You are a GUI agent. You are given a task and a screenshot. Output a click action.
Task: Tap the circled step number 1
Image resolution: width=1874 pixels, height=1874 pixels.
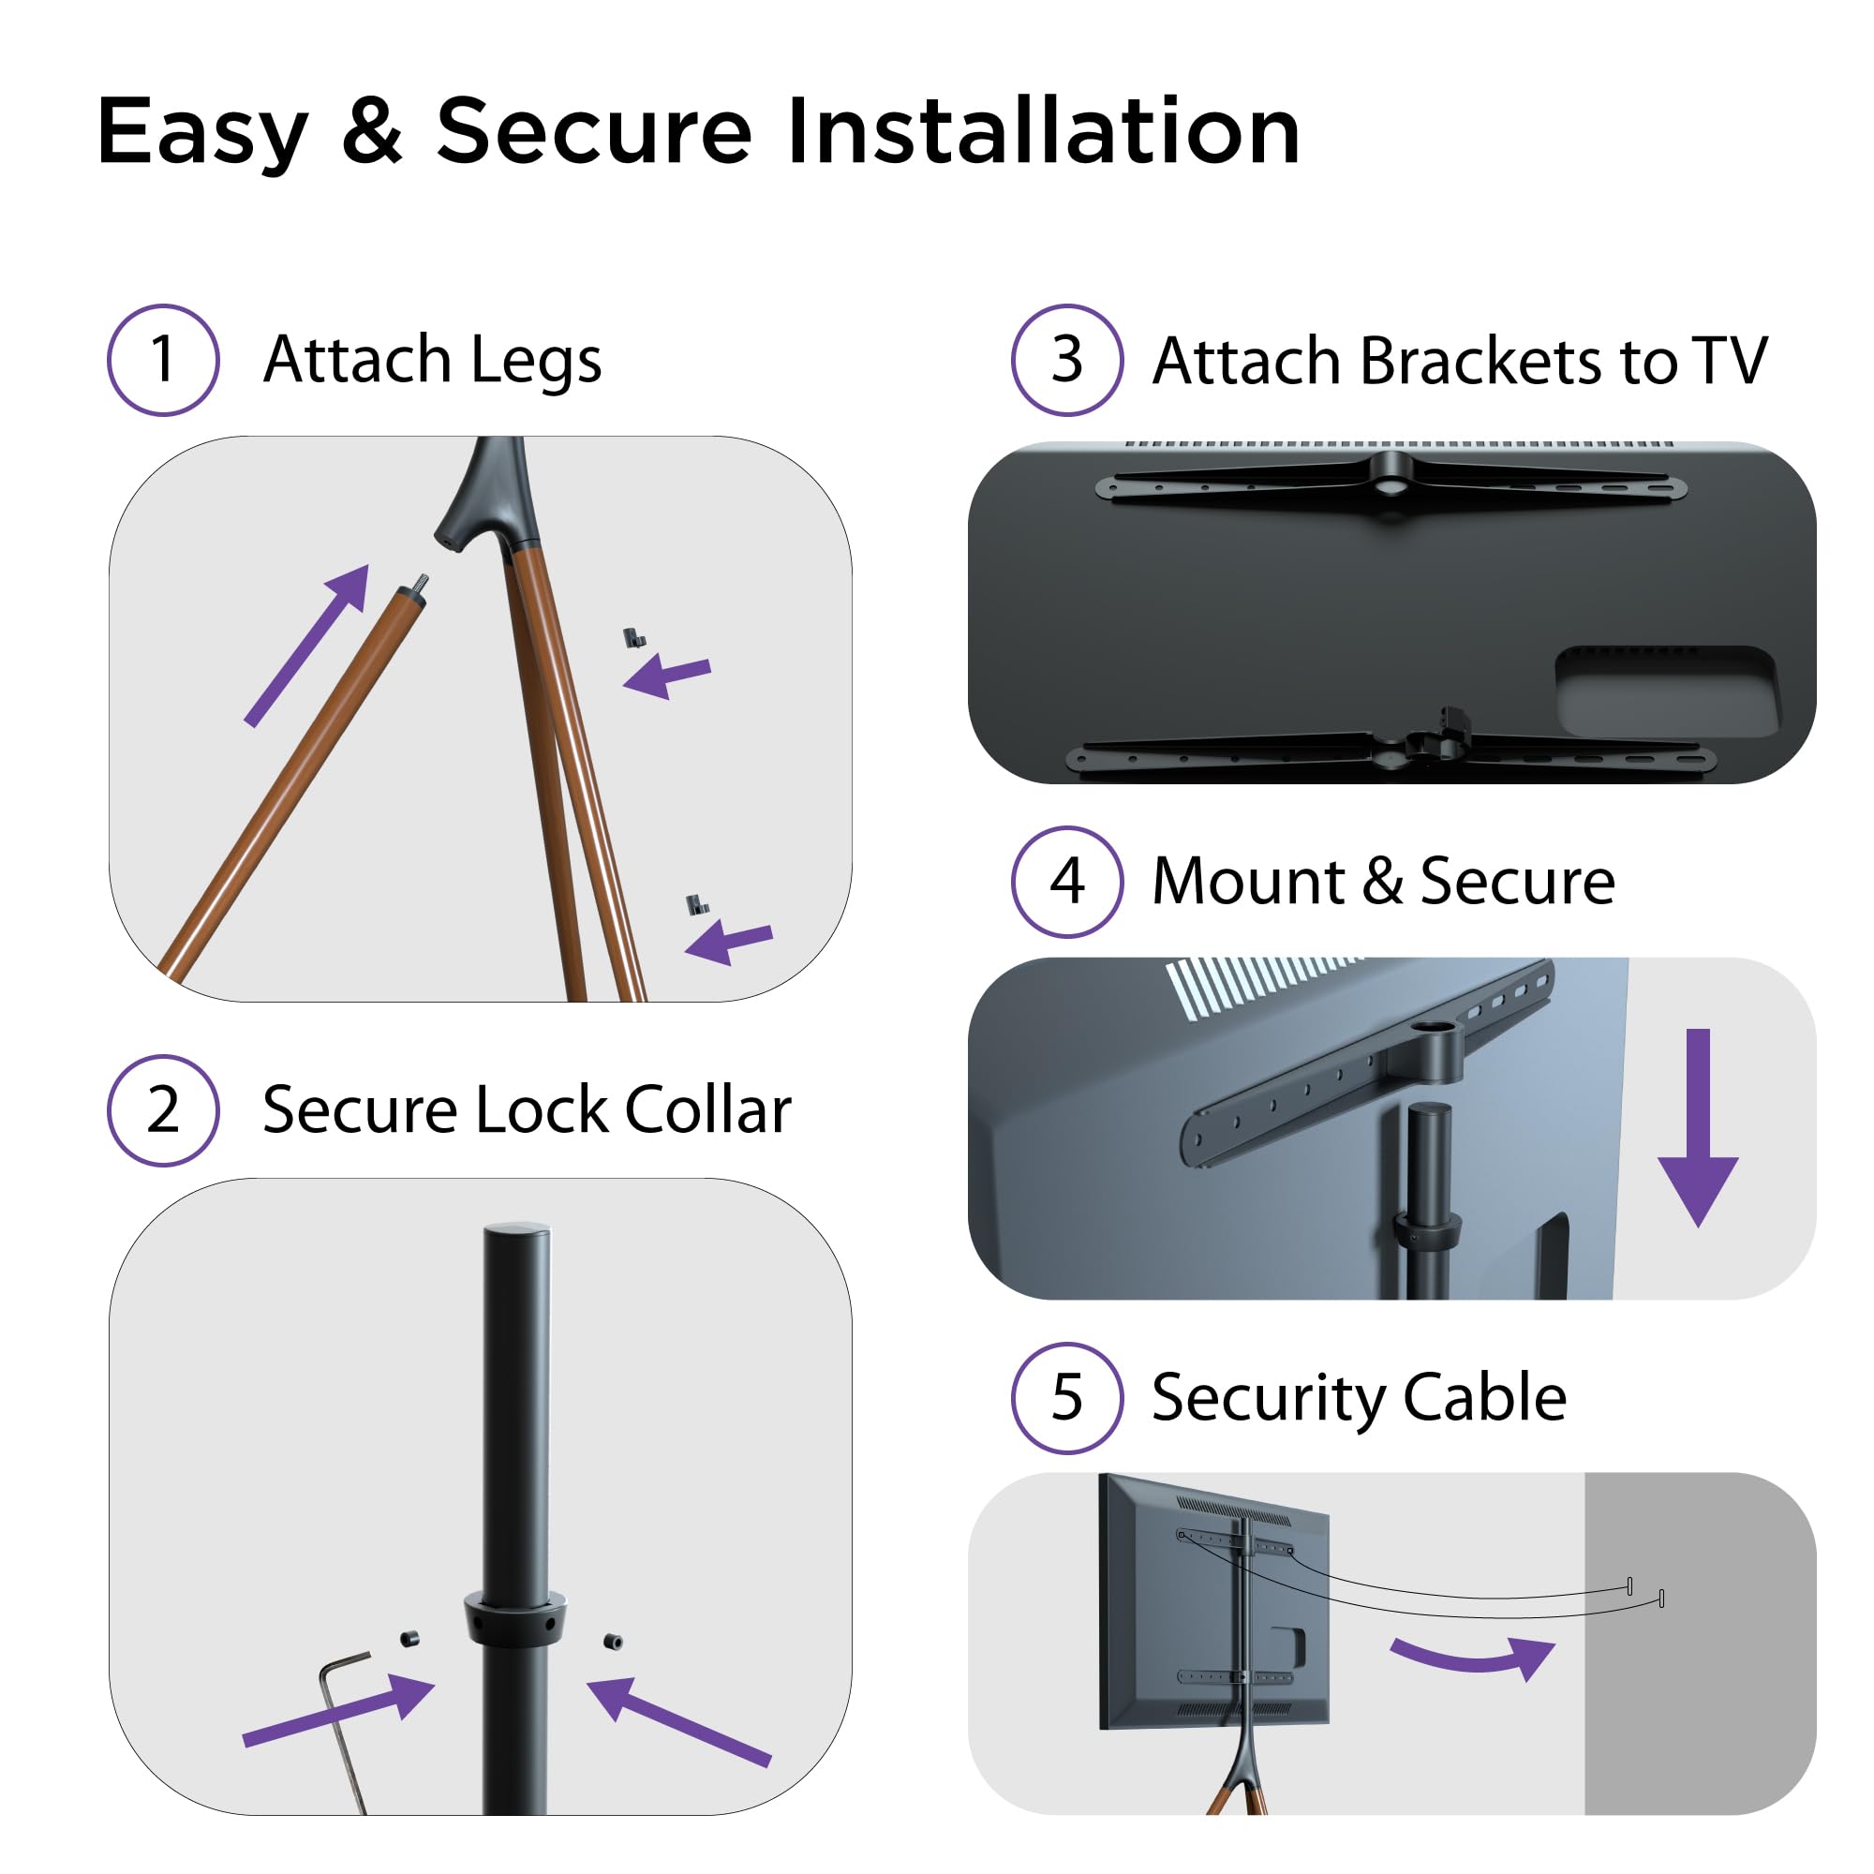[x=163, y=360]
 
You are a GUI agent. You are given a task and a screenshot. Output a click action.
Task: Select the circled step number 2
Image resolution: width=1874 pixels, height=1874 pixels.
[x=163, y=1109]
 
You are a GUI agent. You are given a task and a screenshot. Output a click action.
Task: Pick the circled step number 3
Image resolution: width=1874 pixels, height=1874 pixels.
[x=1067, y=360]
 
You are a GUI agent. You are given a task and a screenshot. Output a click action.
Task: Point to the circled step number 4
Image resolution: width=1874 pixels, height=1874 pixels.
[x=1067, y=882]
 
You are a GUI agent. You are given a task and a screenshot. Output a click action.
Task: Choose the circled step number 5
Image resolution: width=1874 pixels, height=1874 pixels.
[x=1067, y=1398]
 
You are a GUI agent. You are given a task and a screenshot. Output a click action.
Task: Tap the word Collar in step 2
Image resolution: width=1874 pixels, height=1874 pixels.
[x=708, y=1109]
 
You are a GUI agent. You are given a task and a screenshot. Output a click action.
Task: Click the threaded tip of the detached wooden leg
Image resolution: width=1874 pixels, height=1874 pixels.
[x=422, y=585]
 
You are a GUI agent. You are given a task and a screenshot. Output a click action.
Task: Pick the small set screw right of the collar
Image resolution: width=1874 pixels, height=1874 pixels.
[x=612, y=1642]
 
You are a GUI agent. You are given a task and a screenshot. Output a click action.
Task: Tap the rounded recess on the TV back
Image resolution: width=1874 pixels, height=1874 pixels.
[x=1666, y=691]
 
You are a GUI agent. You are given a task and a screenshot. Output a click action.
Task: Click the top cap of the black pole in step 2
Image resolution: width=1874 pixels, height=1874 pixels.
[x=517, y=1232]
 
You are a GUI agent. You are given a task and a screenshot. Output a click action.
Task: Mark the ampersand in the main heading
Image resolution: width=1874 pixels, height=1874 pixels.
[x=371, y=133]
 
